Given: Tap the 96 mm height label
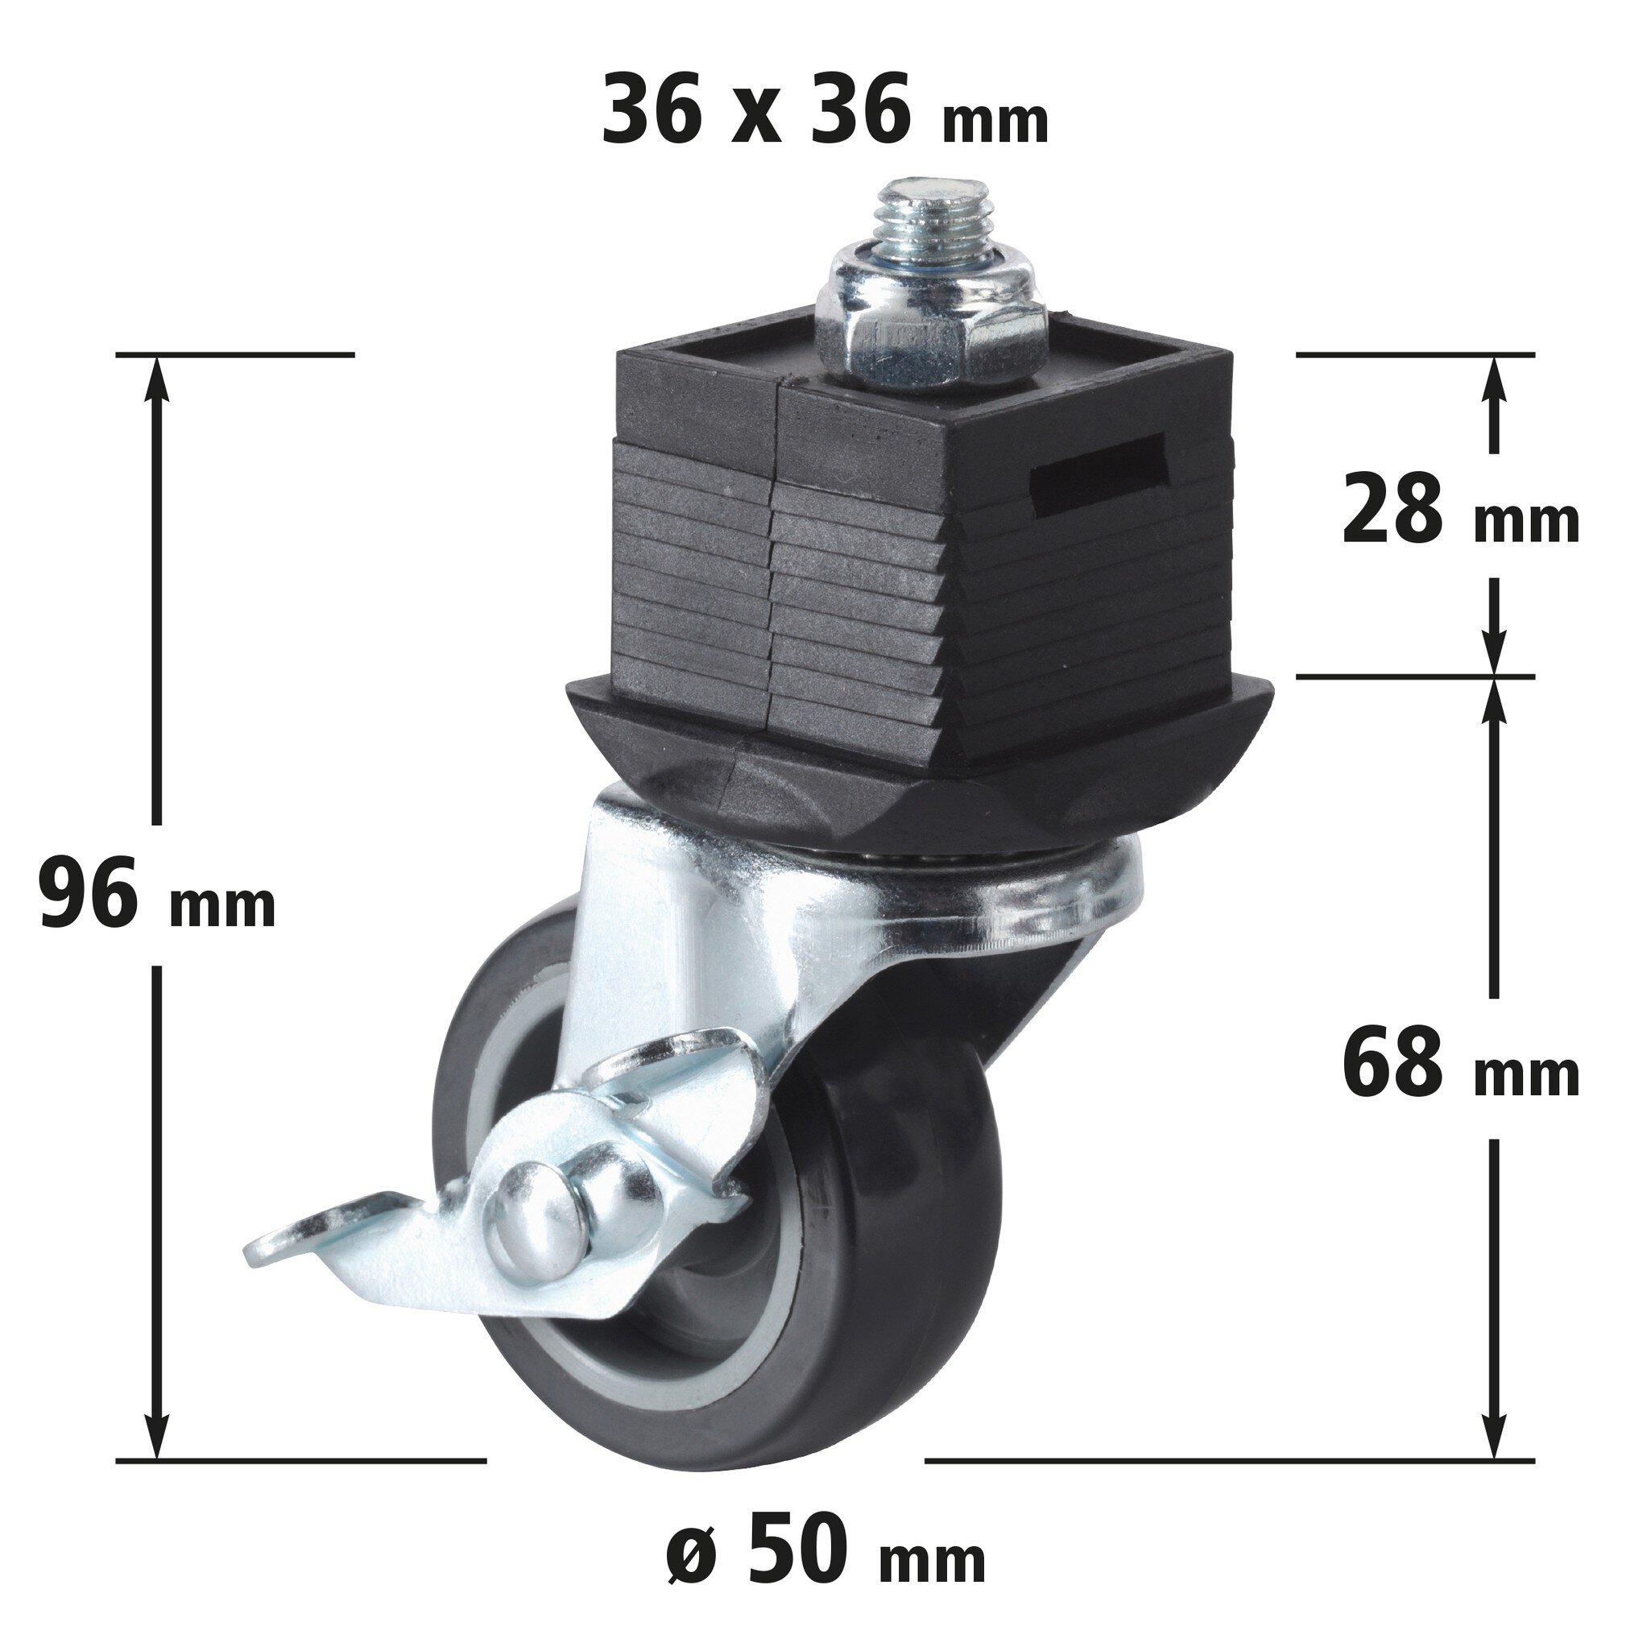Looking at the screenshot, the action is point(157,895).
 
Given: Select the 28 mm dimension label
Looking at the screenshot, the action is point(1460,511).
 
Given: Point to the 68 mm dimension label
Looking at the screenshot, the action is point(1460,1065).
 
